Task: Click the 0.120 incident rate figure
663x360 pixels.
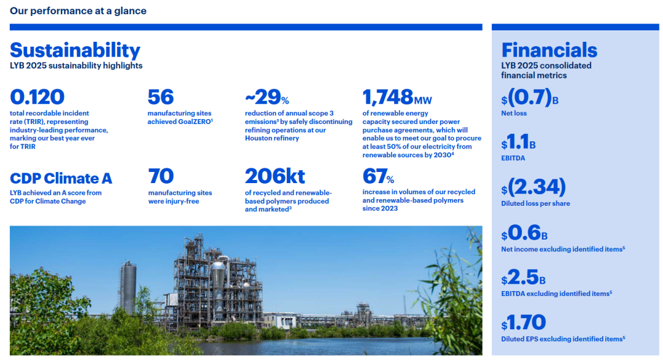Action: [x=37, y=97]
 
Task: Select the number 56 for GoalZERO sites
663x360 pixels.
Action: [x=161, y=97]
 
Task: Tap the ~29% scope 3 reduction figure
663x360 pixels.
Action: [x=267, y=97]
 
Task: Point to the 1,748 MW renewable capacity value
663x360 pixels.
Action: [x=397, y=97]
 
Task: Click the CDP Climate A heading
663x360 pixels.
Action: [x=61, y=178]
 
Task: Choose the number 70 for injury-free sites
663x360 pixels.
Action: [x=161, y=176]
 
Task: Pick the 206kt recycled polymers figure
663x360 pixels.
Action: [x=275, y=176]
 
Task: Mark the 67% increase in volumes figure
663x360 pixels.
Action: [x=378, y=176]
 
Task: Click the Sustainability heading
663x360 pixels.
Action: [x=75, y=50]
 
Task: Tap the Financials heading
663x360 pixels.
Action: [x=549, y=50]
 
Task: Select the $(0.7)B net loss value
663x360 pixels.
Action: [x=530, y=97]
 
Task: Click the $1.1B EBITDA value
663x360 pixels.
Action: [x=518, y=142]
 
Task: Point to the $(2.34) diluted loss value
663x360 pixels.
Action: [x=533, y=187]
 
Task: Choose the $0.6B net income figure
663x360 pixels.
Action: [x=524, y=233]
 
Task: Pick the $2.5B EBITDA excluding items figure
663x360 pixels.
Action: [x=524, y=278]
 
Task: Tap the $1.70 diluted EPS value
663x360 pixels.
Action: [x=524, y=323]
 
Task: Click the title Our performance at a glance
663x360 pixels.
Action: [x=78, y=10]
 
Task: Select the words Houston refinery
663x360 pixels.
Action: [x=272, y=138]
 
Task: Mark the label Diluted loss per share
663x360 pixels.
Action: [x=535, y=203]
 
